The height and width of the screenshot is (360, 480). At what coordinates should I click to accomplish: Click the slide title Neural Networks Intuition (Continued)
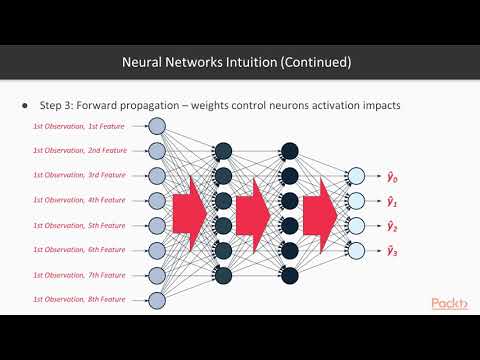236,62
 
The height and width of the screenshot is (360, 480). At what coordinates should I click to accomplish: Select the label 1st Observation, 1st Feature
80,126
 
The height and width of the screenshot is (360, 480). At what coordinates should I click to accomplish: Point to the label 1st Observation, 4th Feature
80,198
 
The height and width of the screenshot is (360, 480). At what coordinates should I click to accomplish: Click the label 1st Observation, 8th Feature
80,297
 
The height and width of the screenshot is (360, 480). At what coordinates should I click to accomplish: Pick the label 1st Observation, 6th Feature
80,248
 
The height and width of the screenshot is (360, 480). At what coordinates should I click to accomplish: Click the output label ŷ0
394,178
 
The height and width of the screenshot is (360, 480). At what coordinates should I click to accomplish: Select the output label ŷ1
394,201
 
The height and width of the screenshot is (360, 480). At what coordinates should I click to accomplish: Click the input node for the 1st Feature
156,126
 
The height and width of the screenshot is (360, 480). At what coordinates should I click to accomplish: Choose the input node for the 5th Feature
156,223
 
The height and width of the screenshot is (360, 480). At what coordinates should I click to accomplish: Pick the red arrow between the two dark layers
255,212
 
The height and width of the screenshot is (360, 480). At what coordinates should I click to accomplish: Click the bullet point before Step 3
24,105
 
